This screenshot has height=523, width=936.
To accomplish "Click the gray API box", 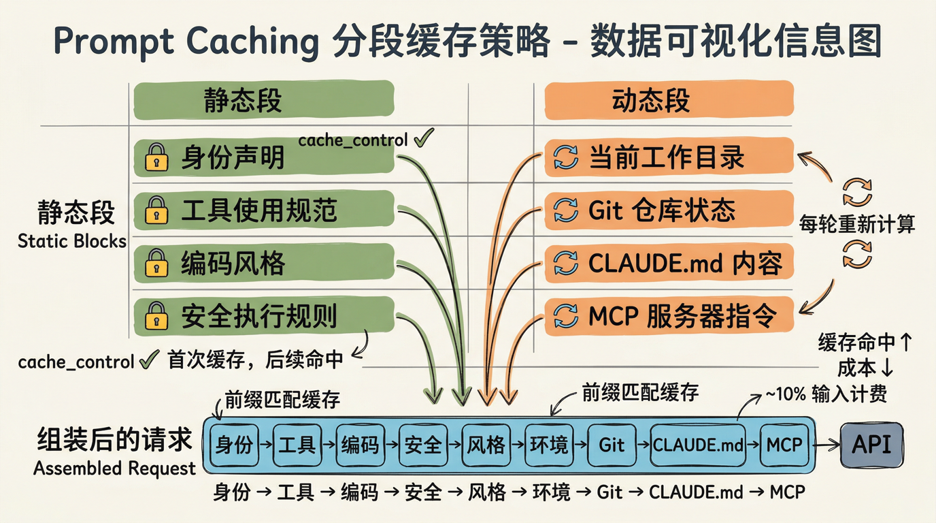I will (x=873, y=445).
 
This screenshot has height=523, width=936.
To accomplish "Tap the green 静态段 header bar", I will (x=264, y=101).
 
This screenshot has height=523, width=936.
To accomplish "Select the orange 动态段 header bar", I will (x=669, y=101).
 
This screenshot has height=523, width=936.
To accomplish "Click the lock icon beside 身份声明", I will (x=156, y=158).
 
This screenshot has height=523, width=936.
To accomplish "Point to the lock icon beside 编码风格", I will (x=156, y=263).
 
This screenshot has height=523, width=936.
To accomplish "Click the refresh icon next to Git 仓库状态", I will (x=565, y=210).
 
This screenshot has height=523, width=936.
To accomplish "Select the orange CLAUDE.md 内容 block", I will (x=669, y=262).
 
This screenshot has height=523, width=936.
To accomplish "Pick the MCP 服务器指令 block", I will (x=669, y=315).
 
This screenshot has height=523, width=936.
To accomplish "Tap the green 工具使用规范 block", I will (x=264, y=210).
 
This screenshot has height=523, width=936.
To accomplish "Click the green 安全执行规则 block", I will (x=264, y=316).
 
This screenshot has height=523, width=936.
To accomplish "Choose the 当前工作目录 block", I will (x=669, y=157).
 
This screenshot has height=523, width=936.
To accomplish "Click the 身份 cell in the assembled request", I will (x=235, y=445).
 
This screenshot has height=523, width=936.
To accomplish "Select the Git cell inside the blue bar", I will (x=611, y=445).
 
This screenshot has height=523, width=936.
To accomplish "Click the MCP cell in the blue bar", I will (x=784, y=445).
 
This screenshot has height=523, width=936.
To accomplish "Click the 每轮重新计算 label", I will (x=857, y=223).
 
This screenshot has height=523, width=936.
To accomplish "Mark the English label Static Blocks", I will (x=72, y=241).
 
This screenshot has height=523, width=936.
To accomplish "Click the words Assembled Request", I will (x=114, y=469).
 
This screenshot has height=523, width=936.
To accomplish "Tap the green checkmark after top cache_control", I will (x=422, y=138).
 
